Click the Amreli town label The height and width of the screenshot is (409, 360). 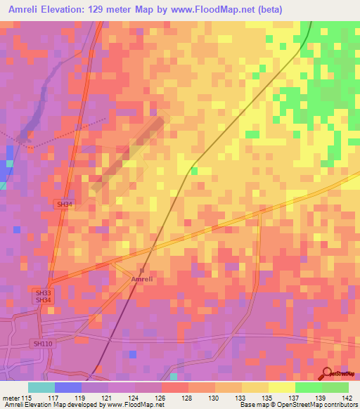(x=141, y=279)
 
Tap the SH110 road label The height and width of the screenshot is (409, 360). (x=42, y=344)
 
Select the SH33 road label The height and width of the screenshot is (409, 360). (x=44, y=292)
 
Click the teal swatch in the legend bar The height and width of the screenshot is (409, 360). (x=41, y=387)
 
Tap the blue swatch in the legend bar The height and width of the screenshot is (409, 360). (x=68, y=387)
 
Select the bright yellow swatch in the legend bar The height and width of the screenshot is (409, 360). (x=282, y=387)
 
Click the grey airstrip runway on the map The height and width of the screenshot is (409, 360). (x=128, y=154)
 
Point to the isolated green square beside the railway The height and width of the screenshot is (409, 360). (x=194, y=171)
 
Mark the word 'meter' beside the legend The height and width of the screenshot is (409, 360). (x=11, y=398)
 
